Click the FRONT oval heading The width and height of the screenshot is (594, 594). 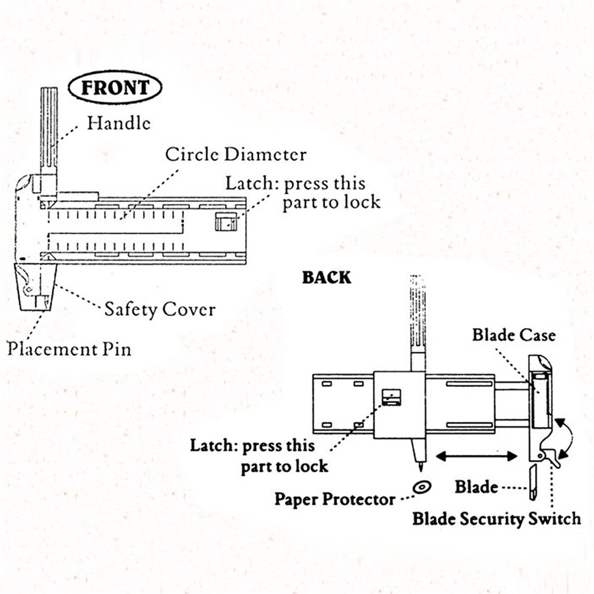(x=115, y=89)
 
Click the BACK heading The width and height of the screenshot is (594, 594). (x=326, y=277)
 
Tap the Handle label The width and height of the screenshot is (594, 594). (x=119, y=123)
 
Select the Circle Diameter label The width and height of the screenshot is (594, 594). (x=236, y=155)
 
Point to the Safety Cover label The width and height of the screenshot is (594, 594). (x=160, y=309)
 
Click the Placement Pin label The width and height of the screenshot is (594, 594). (x=69, y=348)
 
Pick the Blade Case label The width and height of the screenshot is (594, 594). (x=514, y=335)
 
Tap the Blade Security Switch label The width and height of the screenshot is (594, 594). (x=497, y=519)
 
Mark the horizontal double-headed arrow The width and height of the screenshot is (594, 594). (x=477, y=456)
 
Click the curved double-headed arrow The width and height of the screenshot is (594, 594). (x=565, y=437)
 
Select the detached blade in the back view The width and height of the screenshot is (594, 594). (x=533, y=483)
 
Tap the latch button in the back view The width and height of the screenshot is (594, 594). (x=390, y=397)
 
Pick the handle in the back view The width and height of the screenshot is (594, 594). (x=418, y=315)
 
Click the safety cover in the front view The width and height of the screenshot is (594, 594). (x=36, y=287)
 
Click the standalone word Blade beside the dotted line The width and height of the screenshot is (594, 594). (x=476, y=487)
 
